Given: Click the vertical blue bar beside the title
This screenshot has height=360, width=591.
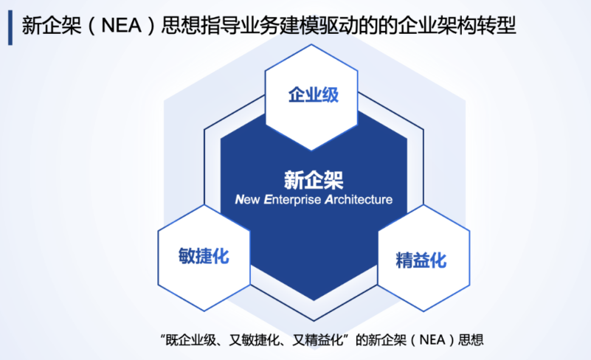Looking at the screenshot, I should click(10, 27).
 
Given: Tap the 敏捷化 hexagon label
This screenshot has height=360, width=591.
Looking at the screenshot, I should click(204, 256).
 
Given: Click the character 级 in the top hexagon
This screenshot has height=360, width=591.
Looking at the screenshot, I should click(330, 94).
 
